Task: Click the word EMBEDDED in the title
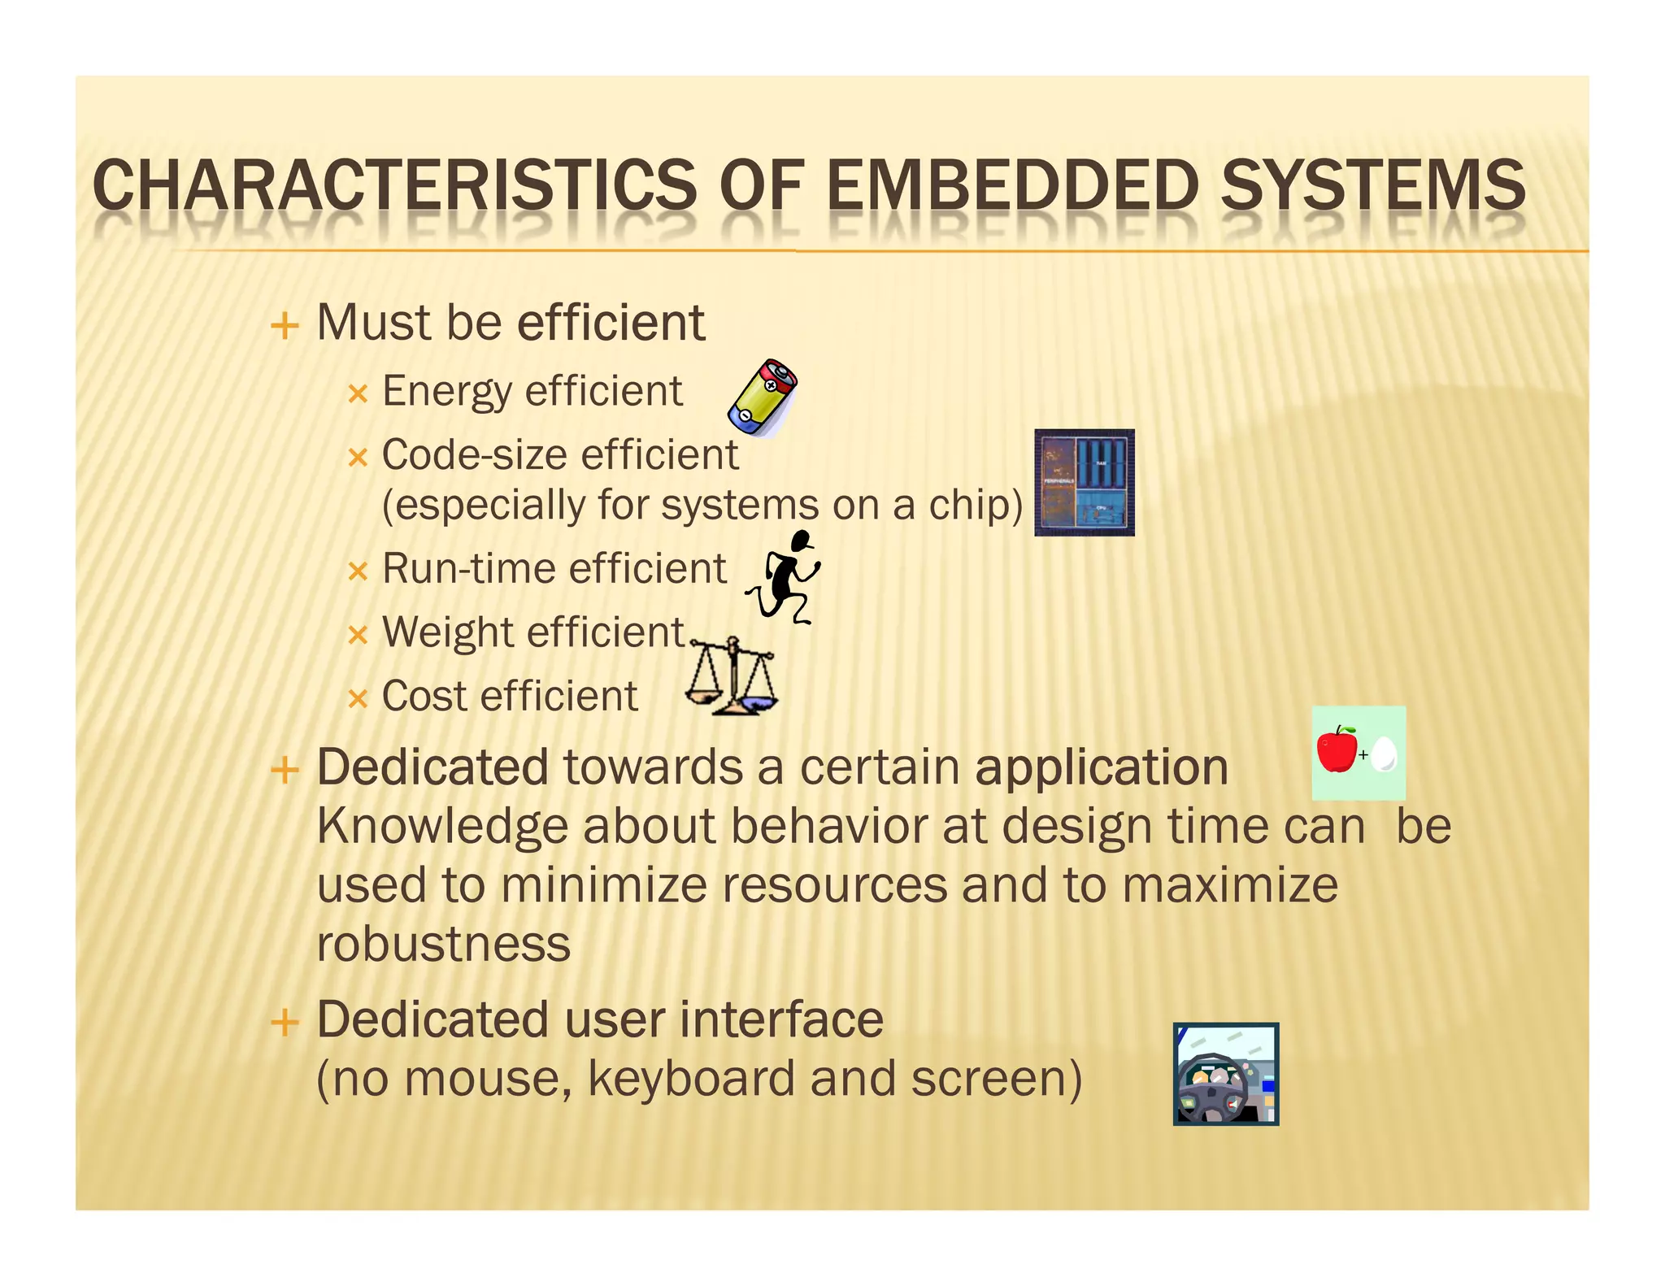[x=1011, y=185]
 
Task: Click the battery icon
[x=763, y=398]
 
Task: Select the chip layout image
[x=1084, y=482]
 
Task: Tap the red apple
[x=1337, y=749]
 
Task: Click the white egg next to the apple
[x=1384, y=754]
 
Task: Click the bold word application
[x=1101, y=768]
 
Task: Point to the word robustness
[x=444, y=945]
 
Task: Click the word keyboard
[x=691, y=1080]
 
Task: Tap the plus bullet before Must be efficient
[x=285, y=326]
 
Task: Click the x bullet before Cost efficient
[x=358, y=699]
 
